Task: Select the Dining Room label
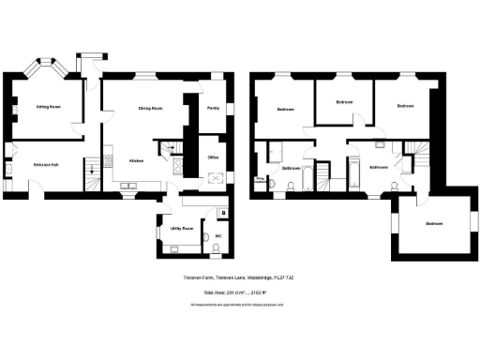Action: pyautogui.click(x=150, y=109)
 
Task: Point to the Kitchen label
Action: pyautogui.click(x=136, y=161)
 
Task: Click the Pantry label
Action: pyautogui.click(x=214, y=108)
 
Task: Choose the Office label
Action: pyautogui.click(x=213, y=157)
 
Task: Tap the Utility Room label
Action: pyautogui.click(x=181, y=228)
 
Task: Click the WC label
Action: pyautogui.click(x=217, y=235)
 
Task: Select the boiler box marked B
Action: pyautogui.click(x=221, y=212)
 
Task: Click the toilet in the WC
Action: pyautogui.click(x=217, y=247)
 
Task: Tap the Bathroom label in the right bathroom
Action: pyautogui.click(x=379, y=167)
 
